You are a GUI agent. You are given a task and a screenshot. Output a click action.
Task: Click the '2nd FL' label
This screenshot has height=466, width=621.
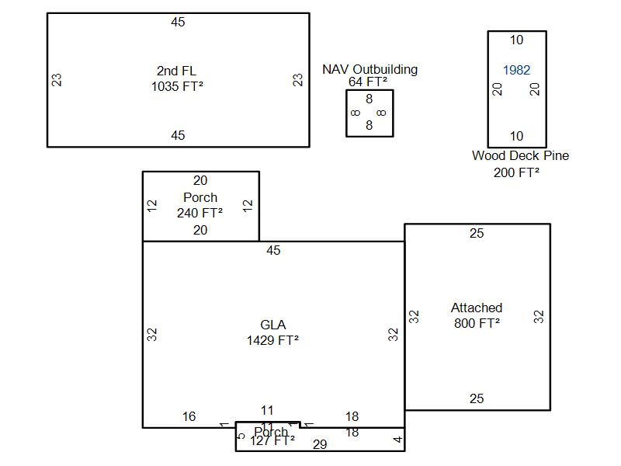point(178,71)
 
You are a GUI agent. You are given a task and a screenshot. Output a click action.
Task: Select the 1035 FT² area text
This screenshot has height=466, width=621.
point(178,87)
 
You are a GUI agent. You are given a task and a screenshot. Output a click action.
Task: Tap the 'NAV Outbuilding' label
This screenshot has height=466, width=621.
point(369,69)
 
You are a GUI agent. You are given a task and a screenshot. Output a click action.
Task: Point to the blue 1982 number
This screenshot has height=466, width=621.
point(516,70)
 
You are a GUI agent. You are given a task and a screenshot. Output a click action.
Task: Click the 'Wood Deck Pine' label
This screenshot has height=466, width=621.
point(520,155)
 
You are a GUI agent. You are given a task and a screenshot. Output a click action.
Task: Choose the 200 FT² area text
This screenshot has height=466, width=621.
point(516,172)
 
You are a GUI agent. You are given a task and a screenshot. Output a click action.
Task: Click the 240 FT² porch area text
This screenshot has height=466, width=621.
point(200,213)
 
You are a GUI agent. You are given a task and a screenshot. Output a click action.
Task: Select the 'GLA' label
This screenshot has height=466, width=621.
point(272,325)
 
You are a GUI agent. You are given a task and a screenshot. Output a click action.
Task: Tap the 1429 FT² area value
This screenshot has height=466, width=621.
point(272,340)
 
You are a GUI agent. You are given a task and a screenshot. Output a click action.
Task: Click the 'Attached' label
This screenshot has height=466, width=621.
point(477,308)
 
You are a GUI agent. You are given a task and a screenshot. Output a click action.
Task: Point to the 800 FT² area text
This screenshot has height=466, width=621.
point(477,323)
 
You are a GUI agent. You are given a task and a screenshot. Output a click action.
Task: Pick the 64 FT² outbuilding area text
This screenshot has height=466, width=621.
point(368,82)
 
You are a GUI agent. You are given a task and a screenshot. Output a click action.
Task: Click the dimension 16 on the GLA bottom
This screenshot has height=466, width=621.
point(189,417)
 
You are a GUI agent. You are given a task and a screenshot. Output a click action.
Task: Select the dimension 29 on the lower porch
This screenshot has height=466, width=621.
point(320,444)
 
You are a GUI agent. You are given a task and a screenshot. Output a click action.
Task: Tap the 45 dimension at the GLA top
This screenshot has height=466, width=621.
point(273,250)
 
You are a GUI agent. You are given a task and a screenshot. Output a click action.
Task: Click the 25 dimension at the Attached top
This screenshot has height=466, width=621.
point(477,233)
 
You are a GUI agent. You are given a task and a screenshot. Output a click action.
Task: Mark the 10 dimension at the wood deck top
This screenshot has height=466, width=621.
point(516,40)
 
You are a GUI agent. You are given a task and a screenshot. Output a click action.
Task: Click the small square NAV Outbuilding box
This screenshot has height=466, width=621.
point(369,113)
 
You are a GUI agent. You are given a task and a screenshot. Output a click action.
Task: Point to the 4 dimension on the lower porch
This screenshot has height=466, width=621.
point(397,440)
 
